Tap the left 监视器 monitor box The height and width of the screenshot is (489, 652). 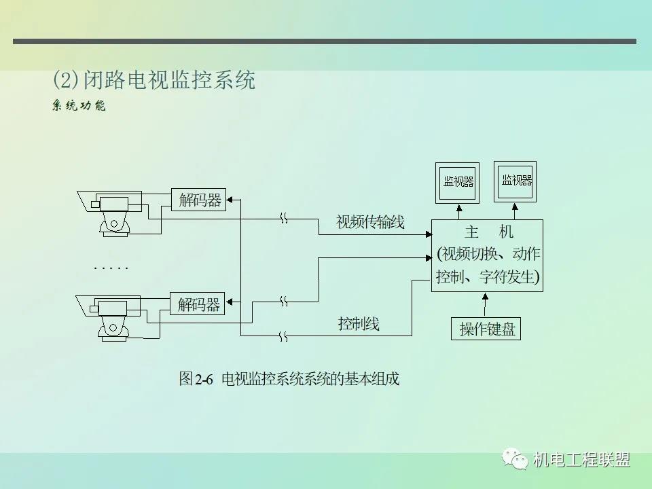coord(458,182)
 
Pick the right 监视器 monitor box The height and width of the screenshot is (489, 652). coord(515,181)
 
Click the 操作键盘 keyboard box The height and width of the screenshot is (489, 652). coord(486,329)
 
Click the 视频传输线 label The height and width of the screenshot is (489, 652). coord(370,222)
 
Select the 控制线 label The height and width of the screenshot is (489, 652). coord(359,324)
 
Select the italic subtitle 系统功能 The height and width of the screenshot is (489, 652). coord(79,106)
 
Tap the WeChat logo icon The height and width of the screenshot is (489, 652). coord(517,460)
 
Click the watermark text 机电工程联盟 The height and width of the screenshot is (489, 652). coord(582,460)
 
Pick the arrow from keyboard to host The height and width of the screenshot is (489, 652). coord(485,305)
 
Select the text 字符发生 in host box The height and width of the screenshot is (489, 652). coord(508,277)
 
